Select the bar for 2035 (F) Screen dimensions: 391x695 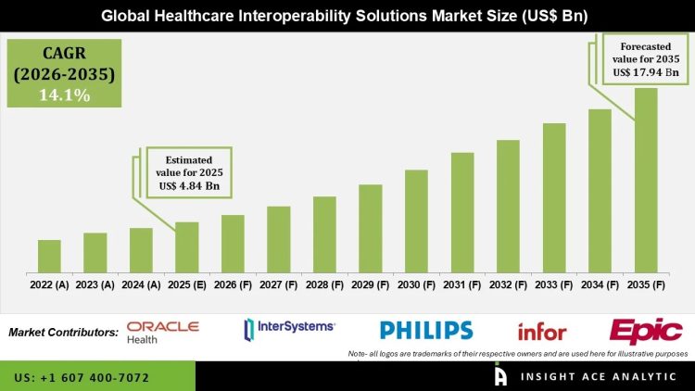tap(646, 180)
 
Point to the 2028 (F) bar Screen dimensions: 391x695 tap(324, 234)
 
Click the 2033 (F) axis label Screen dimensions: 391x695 tap(554, 284)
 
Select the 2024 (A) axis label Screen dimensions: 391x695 tap(141, 284)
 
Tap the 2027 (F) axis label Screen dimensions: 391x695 tap(278, 284)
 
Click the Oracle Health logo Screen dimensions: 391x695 tap(163, 331)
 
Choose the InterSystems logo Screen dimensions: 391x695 tap(289, 329)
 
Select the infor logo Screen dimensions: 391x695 tap(542, 332)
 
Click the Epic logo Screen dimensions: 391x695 tap(646, 331)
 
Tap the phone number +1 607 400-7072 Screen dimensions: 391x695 tap(82, 378)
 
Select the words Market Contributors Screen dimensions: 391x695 tap(63, 332)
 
